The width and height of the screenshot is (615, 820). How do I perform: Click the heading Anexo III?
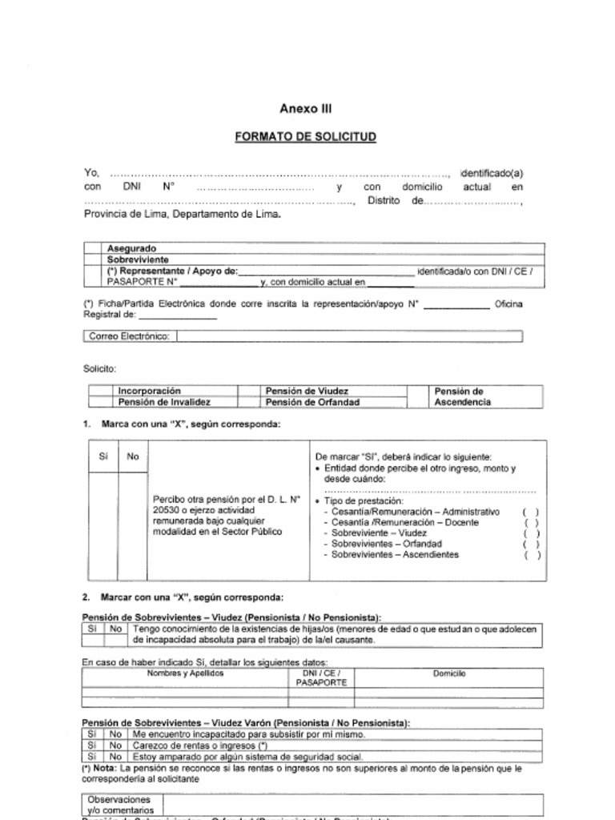(305, 109)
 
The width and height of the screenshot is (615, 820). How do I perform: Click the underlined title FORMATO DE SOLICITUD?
(305, 137)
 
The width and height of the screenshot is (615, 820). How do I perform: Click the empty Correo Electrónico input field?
(348, 336)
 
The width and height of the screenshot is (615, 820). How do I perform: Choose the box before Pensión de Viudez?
(248, 391)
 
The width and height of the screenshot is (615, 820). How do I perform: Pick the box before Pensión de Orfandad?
(248, 402)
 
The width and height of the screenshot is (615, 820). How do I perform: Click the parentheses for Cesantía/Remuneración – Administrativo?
(531, 512)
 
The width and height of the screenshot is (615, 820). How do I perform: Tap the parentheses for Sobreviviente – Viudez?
(531, 533)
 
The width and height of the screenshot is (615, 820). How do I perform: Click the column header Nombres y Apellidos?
(185, 674)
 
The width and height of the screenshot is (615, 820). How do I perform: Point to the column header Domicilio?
(448, 674)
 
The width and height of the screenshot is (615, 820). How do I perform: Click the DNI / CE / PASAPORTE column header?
(321, 678)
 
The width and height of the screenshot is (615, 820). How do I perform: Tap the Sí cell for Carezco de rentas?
(92, 746)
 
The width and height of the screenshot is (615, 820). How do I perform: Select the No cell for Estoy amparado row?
(115, 757)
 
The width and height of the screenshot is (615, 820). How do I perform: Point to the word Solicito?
(100, 369)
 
